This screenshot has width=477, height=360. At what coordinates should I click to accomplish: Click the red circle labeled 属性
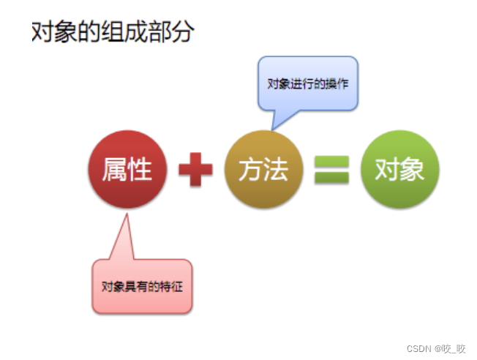[127, 170]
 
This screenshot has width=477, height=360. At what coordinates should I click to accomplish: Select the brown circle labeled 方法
[263, 170]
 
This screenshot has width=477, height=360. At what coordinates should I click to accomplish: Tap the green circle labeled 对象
[399, 170]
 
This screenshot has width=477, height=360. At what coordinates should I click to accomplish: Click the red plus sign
[195, 170]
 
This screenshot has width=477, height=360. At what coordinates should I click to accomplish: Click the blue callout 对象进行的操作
[307, 83]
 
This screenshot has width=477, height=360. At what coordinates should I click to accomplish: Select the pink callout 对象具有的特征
[142, 286]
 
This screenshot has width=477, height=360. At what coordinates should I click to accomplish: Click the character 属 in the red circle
[114, 170]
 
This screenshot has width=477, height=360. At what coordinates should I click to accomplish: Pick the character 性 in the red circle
[139, 170]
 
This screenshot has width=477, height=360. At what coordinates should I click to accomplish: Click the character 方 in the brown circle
[251, 170]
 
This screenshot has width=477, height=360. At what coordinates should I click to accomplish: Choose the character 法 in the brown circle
[276, 170]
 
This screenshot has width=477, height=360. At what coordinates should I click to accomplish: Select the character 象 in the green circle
[413, 170]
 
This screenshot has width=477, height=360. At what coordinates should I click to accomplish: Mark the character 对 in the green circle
[387, 170]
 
